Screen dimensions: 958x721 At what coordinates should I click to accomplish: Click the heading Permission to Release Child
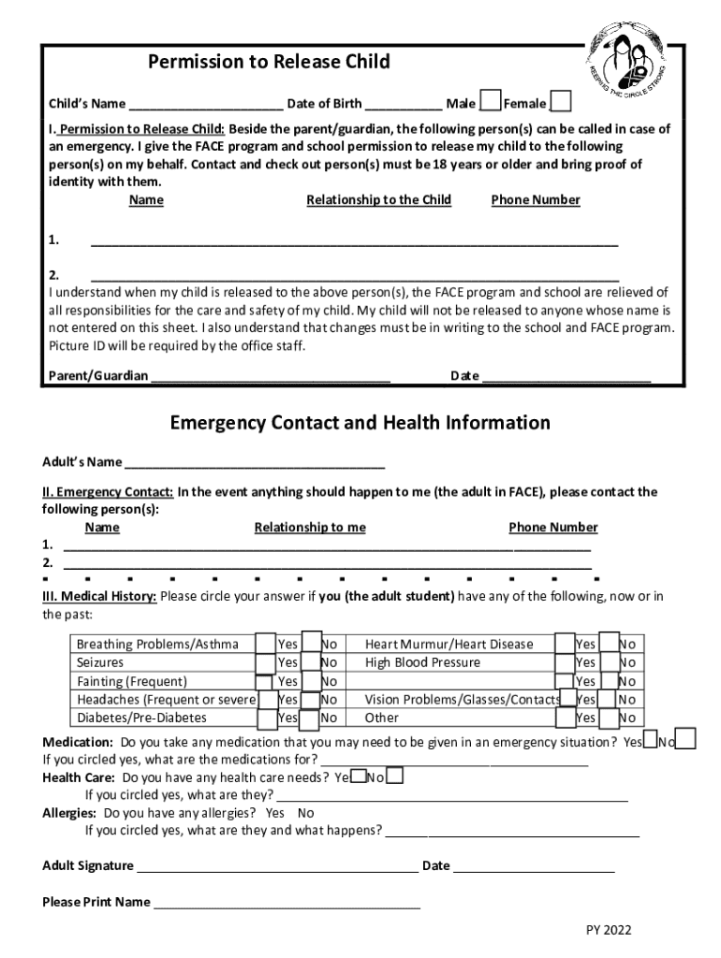[x=269, y=63]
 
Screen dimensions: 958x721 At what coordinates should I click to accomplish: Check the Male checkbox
[x=490, y=102]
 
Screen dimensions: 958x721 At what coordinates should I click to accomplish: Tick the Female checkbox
[x=561, y=102]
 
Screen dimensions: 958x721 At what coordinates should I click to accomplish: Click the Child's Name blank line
[x=206, y=105]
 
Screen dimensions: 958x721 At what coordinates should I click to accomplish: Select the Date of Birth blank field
[x=404, y=105]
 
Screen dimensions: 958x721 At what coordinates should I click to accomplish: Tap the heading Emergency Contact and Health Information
[x=360, y=423]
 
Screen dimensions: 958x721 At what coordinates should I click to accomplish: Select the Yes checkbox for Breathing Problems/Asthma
[x=266, y=643]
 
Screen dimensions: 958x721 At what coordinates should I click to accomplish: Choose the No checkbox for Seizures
[x=313, y=661]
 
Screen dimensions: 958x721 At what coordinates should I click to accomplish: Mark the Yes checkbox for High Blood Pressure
[x=565, y=661]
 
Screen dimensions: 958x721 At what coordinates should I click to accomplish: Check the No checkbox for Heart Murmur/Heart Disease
[x=609, y=643]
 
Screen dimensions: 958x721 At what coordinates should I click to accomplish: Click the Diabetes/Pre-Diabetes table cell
[x=141, y=718]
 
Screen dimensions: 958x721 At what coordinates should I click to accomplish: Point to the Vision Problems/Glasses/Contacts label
[x=463, y=699]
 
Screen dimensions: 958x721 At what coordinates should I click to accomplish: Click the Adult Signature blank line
[x=277, y=868]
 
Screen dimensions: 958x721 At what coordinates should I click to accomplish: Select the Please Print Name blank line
[x=287, y=905]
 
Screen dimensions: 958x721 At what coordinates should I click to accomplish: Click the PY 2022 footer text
[x=609, y=930]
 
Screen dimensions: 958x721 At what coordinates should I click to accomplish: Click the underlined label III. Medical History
[x=99, y=597]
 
